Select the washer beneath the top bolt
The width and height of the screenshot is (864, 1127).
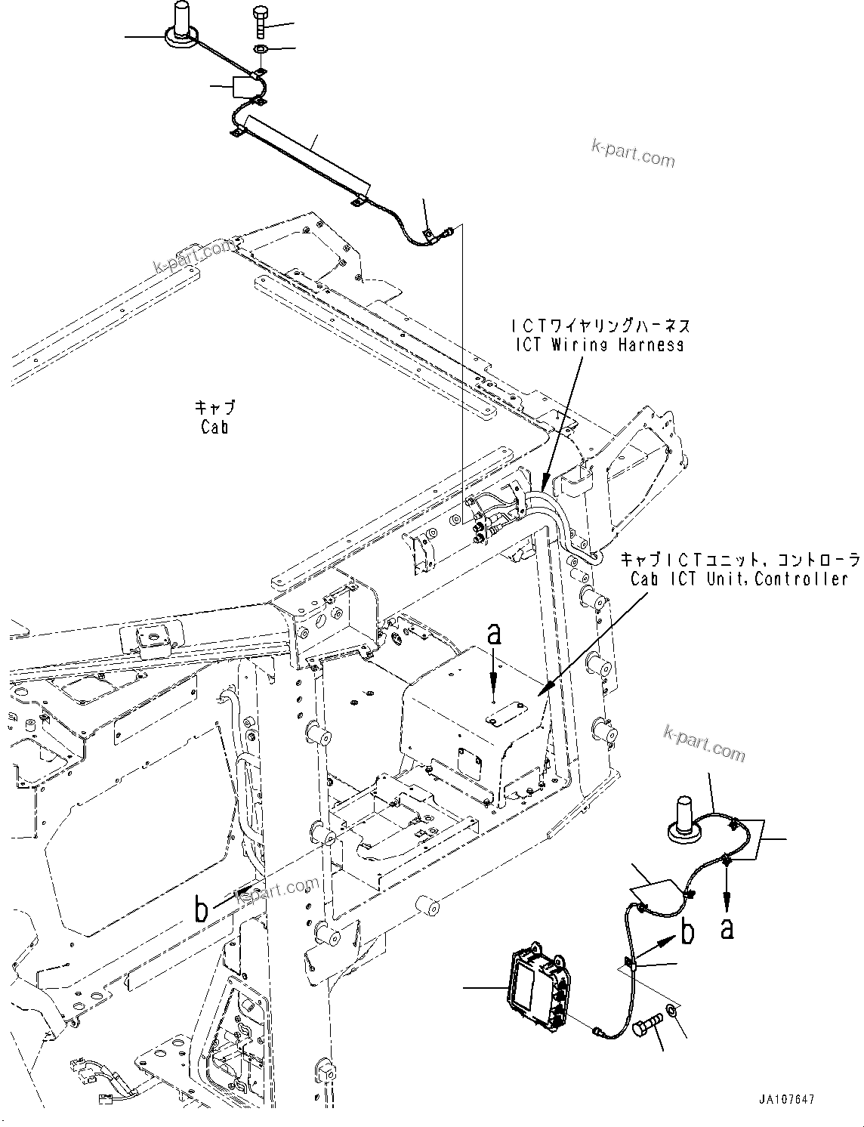coord(259,49)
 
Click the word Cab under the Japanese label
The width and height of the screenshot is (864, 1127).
coord(214,427)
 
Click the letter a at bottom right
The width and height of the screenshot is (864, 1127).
coord(727,927)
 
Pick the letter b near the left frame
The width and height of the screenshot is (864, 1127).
coord(201,910)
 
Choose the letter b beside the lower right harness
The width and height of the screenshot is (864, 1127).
coord(687,933)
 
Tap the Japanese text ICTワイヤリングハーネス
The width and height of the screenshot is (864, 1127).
coord(600,326)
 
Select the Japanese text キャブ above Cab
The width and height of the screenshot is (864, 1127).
coord(214,408)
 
